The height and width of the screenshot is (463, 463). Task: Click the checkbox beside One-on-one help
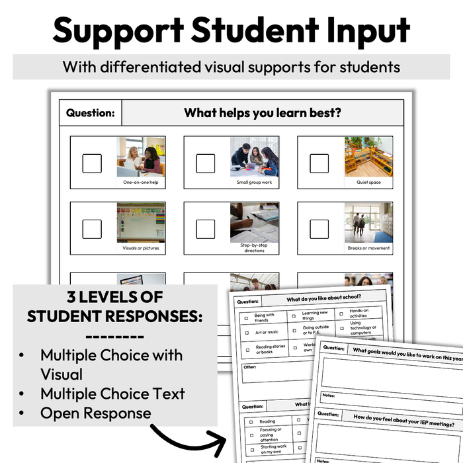pyautogui.click(x=92, y=163)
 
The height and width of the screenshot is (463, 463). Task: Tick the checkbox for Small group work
pyautogui.click(x=206, y=163)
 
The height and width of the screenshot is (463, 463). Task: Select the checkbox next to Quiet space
pyautogui.click(x=319, y=163)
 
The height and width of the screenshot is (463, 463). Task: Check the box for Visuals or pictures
pyautogui.click(x=92, y=229)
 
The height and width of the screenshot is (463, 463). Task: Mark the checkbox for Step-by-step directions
pyautogui.click(x=206, y=229)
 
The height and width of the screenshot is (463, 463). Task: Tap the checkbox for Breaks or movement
pyautogui.click(x=319, y=229)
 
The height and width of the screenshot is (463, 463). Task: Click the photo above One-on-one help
pyautogui.click(x=141, y=156)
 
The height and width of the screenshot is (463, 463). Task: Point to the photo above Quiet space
pyautogui.click(x=368, y=156)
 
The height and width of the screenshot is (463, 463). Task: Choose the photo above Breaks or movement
pyautogui.click(x=368, y=222)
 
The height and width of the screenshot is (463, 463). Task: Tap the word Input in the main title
pyautogui.click(x=361, y=31)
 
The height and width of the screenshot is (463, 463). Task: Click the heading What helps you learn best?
pyautogui.click(x=263, y=113)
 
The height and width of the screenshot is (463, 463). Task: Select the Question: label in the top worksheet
pyautogui.click(x=90, y=113)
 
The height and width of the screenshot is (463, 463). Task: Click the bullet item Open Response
pyautogui.click(x=95, y=413)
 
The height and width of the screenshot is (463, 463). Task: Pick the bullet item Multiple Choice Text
pyautogui.click(x=112, y=394)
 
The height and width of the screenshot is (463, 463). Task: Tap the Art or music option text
pyautogui.click(x=267, y=332)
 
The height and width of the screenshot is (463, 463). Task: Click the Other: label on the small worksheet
pyautogui.click(x=249, y=366)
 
